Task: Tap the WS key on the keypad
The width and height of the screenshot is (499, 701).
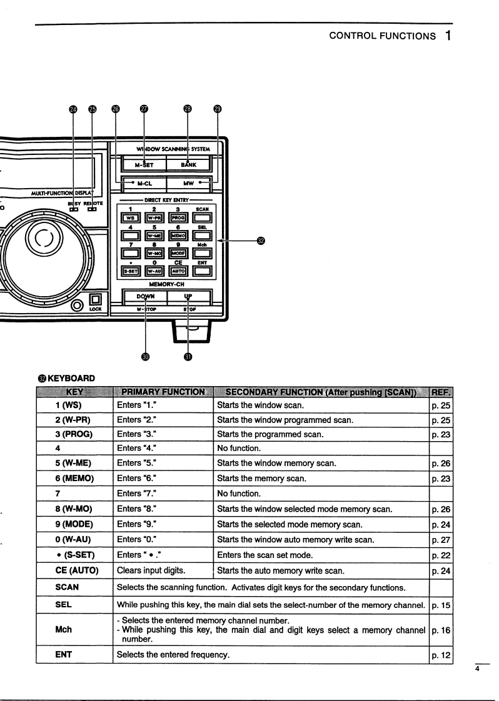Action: (x=131, y=218)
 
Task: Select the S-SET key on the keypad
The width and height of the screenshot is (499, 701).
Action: (x=131, y=271)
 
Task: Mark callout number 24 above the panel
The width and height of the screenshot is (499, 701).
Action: (x=73, y=109)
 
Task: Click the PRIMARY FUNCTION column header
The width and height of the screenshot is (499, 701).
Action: (x=163, y=392)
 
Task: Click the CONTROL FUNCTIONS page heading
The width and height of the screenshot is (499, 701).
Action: (x=382, y=36)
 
